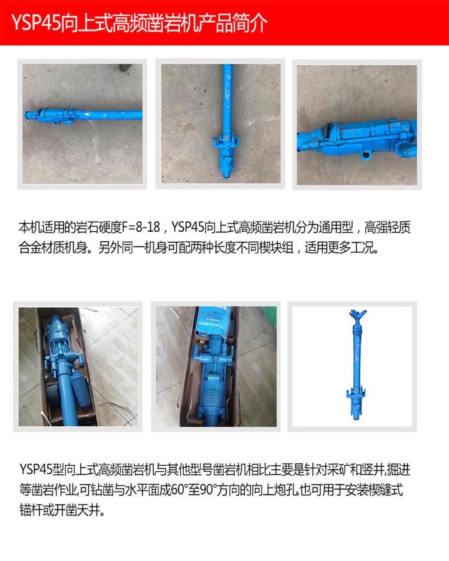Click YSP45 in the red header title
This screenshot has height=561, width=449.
point(36,23)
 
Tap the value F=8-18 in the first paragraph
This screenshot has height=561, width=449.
point(141,227)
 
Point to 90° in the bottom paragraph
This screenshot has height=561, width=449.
point(208,489)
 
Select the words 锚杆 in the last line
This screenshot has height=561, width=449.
point(31,510)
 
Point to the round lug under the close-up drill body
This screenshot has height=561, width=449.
point(366,154)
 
